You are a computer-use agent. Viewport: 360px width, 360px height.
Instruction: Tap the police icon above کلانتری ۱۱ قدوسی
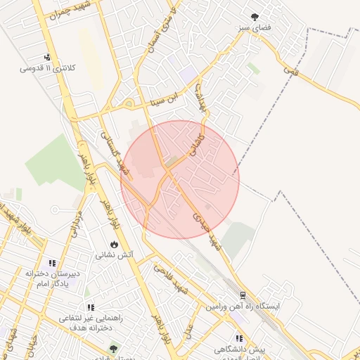point(46,58)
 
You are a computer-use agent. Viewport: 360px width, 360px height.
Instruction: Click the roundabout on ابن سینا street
point(129,105)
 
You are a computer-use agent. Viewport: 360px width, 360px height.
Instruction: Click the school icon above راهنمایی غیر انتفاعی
point(90,307)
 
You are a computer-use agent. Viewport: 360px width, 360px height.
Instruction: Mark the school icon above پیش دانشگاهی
point(239,338)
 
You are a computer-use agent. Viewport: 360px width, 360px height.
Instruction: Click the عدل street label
point(188,330)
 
